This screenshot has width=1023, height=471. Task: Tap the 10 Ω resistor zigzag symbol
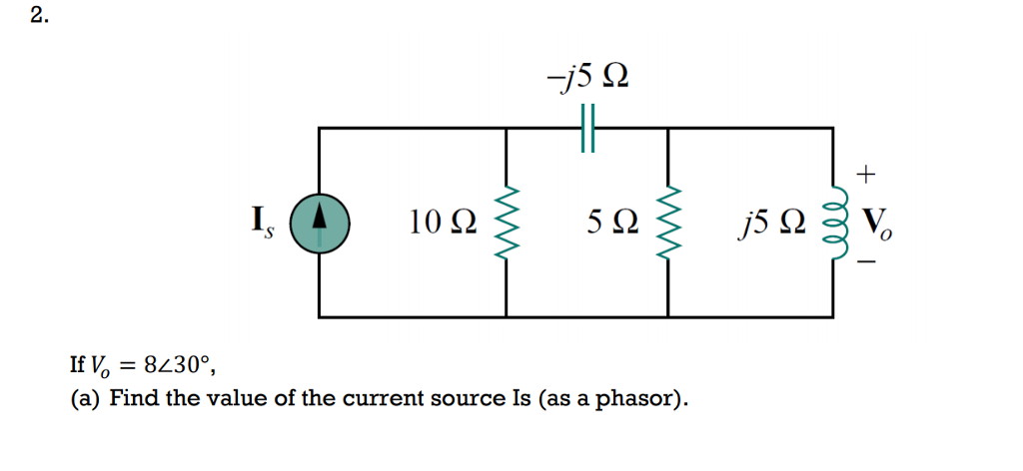pos(507,222)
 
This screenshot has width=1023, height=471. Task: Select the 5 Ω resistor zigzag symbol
pos(667,222)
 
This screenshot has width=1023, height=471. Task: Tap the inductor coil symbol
pos(833,222)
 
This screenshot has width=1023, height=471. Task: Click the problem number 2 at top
pos(36,17)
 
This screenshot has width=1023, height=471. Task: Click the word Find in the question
pos(132,399)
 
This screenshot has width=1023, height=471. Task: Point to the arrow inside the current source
pos(319,218)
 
